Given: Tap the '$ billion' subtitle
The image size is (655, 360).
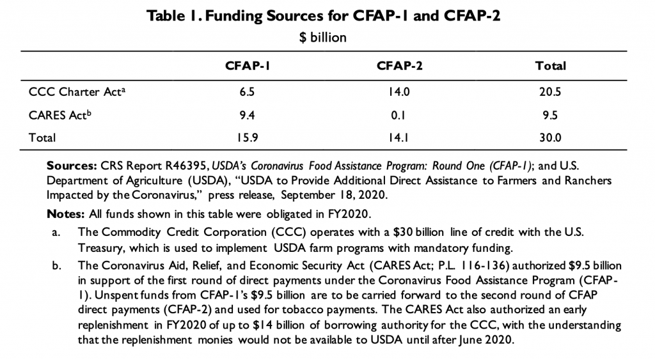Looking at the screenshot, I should (x=323, y=38).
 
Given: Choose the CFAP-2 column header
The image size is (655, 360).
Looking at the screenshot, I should (x=399, y=66).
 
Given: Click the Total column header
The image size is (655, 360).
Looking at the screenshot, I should (x=550, y=66).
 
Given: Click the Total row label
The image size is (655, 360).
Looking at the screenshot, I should (x=42, y=137).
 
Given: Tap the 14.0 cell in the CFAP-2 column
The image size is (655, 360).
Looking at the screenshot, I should (x=399, y=91).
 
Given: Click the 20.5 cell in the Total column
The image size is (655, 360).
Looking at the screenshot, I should (x=550, y=91).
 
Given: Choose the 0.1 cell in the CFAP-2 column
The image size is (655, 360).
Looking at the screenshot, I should (x=399, y=114).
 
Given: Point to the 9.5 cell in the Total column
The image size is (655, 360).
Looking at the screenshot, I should (x=550, y=114).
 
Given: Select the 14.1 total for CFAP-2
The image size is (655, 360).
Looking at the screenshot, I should (x=399, y=137).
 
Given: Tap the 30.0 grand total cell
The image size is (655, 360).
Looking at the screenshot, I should (x=550, y=137).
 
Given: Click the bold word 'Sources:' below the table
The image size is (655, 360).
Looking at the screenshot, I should (x=70, y=166).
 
